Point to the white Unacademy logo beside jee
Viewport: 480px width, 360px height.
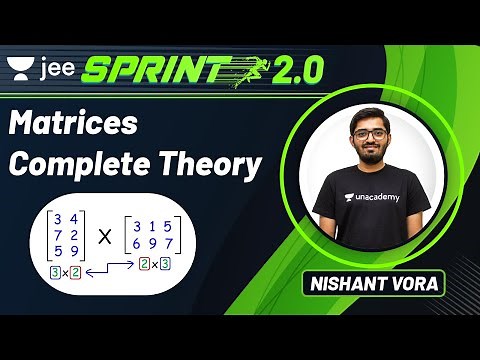(x=19, y=67)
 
